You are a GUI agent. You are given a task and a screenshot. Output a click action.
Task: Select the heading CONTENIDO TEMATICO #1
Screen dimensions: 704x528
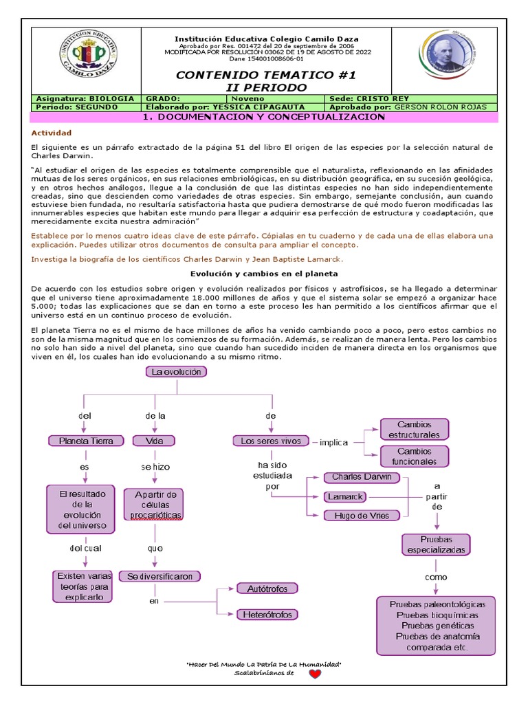pyautogui.click(x=266, y=75)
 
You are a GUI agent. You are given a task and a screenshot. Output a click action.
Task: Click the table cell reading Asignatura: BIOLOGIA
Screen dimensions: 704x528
pyautogui.click(x=85, y=98)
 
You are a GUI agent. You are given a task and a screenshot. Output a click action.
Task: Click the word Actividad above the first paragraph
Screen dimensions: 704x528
pyautogui.click(x=52, y=133)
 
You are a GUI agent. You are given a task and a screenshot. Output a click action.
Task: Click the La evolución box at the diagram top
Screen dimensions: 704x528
pyautogui.click(x=176, y=372)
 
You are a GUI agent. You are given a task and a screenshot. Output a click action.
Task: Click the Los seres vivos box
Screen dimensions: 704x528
pyautogui.click(x=271, y=441)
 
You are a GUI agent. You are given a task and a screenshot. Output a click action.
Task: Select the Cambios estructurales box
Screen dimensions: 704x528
pyautogui.click(x=414, y=430)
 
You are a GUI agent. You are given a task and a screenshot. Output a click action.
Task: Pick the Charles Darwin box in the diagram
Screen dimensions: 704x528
pyautogui.click(x=362, y=477)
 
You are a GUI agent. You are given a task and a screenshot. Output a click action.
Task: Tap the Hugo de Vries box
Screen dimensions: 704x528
pyautogui.click(x=362, y=516)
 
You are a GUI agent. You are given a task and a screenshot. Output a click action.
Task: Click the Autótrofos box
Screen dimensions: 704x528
pyautogui.click(x=267, y=588)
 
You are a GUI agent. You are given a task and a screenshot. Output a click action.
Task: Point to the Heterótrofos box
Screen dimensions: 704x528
pyautogui.click(x=267, y=615)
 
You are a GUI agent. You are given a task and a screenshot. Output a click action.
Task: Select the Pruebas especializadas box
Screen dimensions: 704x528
pyautogui.click(x=436, y=544)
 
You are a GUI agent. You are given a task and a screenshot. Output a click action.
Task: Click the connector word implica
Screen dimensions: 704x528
pyautogui.click(x=333, y=442)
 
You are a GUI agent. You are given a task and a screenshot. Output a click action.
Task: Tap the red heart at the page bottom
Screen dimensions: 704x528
pyautogui.click(x=314, y=674)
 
